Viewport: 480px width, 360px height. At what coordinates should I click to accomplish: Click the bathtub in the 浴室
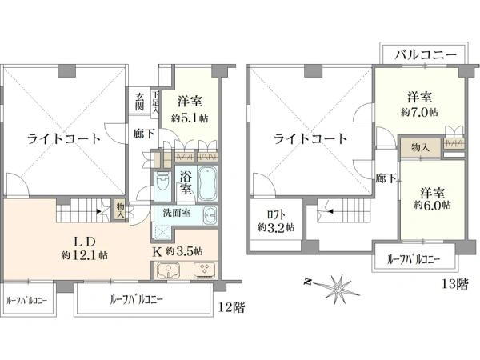pyautogui.click(x=207, y=183)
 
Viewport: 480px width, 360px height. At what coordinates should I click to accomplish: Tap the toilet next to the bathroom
pyautogui.click(x=162, y=182)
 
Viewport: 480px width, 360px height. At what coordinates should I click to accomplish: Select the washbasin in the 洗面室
pyautogui.click(x=210, y=214)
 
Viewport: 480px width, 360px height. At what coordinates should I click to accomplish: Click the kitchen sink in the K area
pyautogui.click(x=168, y=270)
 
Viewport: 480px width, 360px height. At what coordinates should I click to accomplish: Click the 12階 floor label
pyautogui.click(x=231, y=307)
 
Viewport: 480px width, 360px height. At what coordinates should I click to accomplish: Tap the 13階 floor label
pyautogui.click(x=454, y=284)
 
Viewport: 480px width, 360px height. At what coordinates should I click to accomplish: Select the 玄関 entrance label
pyautogui.click(x=139, y=102)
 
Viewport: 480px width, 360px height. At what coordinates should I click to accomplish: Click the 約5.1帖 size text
pyautogui.click(x=190, y=118)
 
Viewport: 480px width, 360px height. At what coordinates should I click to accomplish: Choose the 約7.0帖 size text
pyautogui.click(x=420, y=112)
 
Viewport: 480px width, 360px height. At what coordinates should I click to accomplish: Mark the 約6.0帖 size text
pyautogui.click(x=433, y=205)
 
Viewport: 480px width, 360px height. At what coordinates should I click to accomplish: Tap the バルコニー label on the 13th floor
pyautogui.click(x=426, y=55)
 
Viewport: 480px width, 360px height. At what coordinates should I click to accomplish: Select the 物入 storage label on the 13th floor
pyautogui.click(x=420, y=148)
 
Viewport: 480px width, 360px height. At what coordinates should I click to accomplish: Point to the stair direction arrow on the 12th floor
pyautogui.click(x=98, y=211)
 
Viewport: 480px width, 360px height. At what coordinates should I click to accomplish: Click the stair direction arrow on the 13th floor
pyautogui.click(x=330, y=211)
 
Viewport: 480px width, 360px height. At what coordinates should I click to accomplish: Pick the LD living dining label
pyautogui.click(x=85, y=242)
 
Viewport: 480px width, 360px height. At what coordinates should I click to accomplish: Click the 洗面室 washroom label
pyautogui.click(x=177, y=213)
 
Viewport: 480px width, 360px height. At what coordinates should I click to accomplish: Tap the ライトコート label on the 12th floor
pyautogui.click(x=64, y=139)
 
